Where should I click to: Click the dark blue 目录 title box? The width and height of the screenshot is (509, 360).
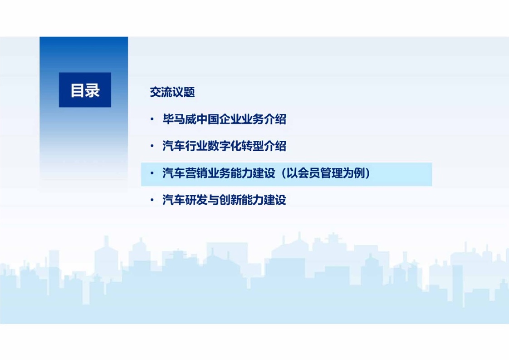[x=85, y=90]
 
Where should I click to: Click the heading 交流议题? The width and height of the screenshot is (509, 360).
[x=172, y=92]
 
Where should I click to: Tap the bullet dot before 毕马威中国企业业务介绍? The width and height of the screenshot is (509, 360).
[x=152, y=119]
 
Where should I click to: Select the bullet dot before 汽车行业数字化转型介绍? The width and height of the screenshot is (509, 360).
[x=152, y=146]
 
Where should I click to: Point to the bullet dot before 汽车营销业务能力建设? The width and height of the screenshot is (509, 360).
[x=152, y=173]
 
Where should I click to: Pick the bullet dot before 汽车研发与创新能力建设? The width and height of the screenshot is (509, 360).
[x=152, y=200]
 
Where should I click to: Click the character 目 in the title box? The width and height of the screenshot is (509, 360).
[x=78, y=90]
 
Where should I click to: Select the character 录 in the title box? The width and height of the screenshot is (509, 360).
[x=92, y=90]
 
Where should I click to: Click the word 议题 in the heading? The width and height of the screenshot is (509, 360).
[x=184, y=92]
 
